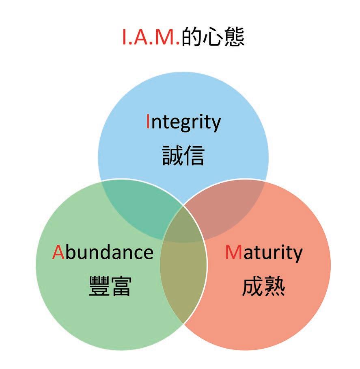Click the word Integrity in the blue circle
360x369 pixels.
tap(183, 122)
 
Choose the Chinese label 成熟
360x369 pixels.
tap(263, 286)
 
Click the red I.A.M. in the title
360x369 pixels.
tap(151, 38)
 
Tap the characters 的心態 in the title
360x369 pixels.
tap(213, 38)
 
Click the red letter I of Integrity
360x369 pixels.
tap(148, 122)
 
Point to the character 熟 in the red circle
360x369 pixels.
tap(274, 286)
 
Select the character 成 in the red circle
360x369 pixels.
tap(252, 286)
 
